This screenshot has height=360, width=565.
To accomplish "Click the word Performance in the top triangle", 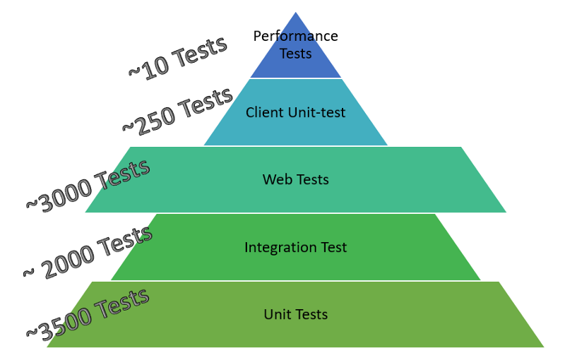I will coord(295,36).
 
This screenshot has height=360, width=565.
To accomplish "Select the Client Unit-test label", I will coord(295,112).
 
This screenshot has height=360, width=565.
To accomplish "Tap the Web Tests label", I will coord(295,179).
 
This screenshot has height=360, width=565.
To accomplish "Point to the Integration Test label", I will coord(295,247).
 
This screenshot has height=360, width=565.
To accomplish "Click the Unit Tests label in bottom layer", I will coord(295,314).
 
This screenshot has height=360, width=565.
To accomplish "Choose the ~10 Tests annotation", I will coord(177,59).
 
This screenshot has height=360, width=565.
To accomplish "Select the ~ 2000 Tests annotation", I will coord(88,251).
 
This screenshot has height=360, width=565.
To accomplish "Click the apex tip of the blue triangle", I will coord(295,13).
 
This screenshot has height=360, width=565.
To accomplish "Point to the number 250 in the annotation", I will coord(154,116).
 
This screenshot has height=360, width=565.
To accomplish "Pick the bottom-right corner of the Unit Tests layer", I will coord(542,346).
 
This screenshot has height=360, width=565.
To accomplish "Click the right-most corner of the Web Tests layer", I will coord(506,211).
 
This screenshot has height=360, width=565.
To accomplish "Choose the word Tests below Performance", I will coord(295,54).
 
